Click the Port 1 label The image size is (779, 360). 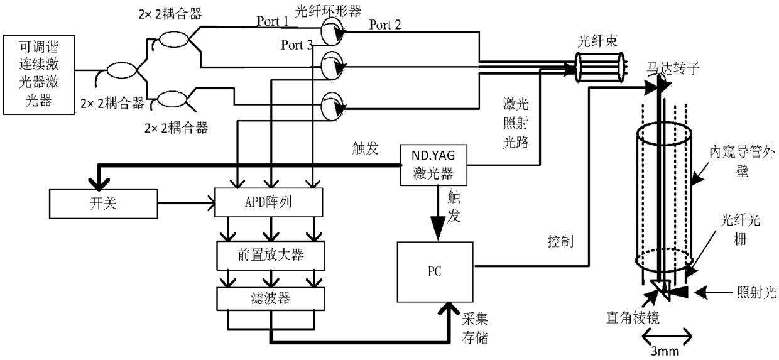coord(273,21)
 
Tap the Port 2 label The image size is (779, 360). coord(385,25)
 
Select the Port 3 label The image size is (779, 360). coord(297,45)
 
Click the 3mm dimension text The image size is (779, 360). coord(665,352)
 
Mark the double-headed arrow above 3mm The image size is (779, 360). coord(667,336)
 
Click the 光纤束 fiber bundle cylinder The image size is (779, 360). coord(599,67)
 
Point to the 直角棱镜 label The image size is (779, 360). coord(633,318)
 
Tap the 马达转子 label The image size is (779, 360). coord(673,68)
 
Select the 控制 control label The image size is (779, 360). coord(560,241)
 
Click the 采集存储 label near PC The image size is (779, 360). coord(475,328)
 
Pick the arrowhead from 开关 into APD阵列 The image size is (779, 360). coord(211,203)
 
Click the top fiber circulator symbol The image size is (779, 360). coord(332,31)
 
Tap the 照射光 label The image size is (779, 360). coord(756,293)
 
